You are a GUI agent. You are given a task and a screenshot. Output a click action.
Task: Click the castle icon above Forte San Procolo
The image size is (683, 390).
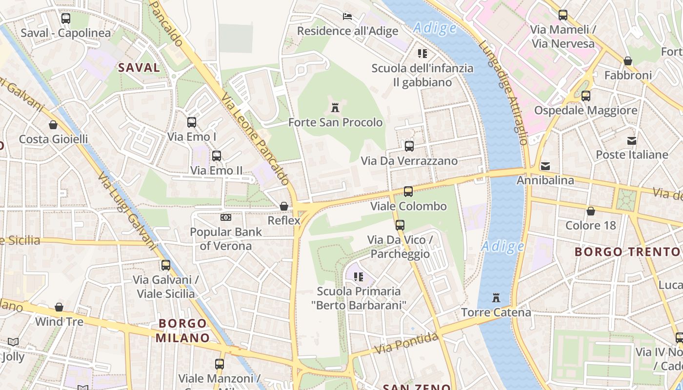pos(335,108)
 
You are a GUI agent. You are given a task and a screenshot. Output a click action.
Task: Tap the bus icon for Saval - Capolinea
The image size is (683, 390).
pos(66,19)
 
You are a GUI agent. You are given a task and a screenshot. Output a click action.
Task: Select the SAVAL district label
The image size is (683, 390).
pos(139,68)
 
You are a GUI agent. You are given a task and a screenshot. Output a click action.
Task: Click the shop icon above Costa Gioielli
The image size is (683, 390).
pos(53,125)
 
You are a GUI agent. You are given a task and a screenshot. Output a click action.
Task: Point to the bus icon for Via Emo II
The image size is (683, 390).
pos(216,156)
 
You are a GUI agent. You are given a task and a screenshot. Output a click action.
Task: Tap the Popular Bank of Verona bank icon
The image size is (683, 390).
pos(225,217)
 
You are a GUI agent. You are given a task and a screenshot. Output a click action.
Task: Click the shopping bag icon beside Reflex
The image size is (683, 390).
pos(283,206)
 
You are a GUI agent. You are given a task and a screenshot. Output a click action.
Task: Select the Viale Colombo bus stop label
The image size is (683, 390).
pos(408,206)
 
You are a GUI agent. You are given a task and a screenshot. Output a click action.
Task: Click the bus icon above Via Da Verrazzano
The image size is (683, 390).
pos(409,146)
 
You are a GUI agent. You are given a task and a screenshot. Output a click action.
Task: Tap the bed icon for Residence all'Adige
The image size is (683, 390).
pos(347,17)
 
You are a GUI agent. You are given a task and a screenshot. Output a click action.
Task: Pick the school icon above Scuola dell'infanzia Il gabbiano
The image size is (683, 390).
pos(422,53)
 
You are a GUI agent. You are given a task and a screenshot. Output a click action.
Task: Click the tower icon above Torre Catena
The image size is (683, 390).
pos(496,297)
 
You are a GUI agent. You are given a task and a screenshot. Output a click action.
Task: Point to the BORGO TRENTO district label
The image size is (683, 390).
pos(626,252)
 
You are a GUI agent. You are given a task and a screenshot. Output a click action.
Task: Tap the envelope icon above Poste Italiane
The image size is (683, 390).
pos(632,141)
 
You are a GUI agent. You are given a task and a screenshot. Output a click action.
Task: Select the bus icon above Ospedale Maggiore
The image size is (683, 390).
pos(585,96)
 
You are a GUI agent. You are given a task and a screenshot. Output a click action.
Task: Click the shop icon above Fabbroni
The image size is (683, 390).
pos(628,61)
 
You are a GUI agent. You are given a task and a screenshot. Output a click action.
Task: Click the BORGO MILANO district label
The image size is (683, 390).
pos(182,330)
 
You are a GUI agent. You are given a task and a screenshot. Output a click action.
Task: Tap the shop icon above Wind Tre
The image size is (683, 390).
pos(59,307)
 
